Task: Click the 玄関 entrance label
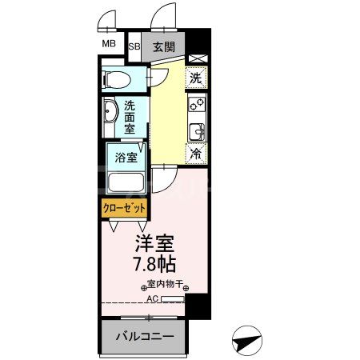[163, 46]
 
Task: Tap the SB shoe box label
[134, 46]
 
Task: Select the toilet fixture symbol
[118, 79]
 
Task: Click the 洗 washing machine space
[195, 78]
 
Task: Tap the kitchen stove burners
[196, 104]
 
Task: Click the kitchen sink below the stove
[196, 130]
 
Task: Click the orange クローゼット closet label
[124, 207]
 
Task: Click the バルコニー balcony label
[145, 336]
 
